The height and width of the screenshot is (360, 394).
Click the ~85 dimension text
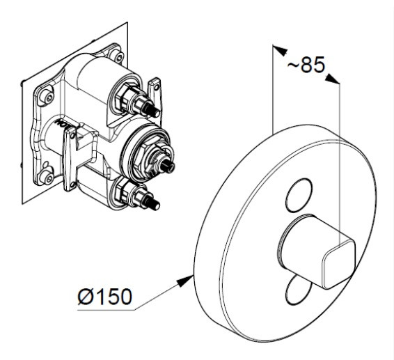[306, 65]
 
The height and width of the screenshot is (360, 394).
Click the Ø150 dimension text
[105, 297]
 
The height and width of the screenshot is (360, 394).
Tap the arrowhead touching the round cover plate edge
[185, 281]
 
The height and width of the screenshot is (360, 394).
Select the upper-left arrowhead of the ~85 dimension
[280, 50]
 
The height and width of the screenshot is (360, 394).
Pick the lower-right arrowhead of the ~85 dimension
[332, 79]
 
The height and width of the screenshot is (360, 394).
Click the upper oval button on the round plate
[299, 196]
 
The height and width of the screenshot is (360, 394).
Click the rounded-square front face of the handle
[339, 265]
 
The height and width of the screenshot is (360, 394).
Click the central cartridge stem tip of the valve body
[168, 166]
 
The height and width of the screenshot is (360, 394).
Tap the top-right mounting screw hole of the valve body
[118, 57]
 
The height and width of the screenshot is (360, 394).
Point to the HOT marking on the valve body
[61, 124]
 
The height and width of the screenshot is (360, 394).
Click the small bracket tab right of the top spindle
[155, 91]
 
